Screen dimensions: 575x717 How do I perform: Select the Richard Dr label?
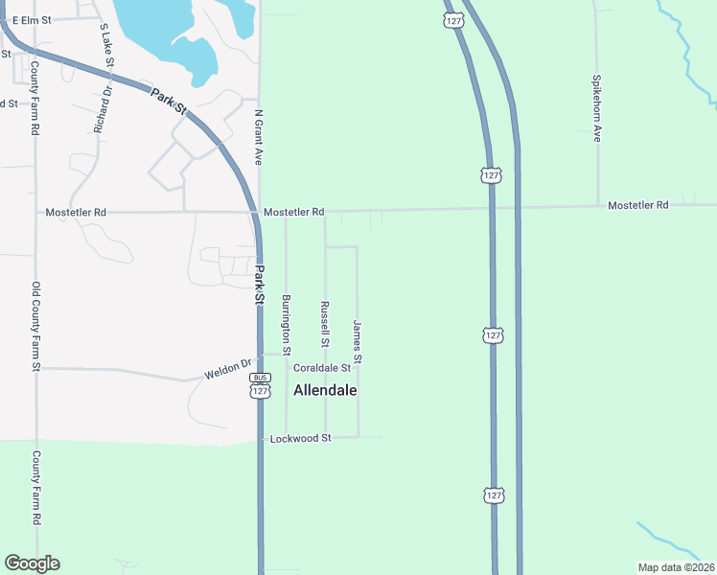(x=103, y=108)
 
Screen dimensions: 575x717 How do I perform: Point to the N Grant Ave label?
(x=258, y=137)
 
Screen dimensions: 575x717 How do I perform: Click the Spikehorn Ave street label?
(x=596, y=108)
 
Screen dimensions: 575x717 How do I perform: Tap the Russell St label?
(x=324, y=324)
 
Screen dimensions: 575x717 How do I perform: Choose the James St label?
(x=358, y=342)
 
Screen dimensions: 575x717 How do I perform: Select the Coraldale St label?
(x=322, y=368)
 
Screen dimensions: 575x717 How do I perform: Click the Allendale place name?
(x=325, y=391)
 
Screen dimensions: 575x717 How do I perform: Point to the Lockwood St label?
(x=299, y=438)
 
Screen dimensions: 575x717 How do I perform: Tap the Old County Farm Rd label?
(x=35, y=326)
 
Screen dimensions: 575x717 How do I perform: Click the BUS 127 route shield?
(x=261, y=385)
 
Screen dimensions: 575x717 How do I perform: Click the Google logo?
(x=32, y=563)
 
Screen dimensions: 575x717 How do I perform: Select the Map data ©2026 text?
(x=675, y=567)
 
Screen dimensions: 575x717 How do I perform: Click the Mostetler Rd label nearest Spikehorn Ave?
(x=637, y=205)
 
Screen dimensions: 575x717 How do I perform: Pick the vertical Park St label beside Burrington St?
(x=259, y=285)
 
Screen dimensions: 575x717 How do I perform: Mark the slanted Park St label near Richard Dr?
(x=167, y=100)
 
